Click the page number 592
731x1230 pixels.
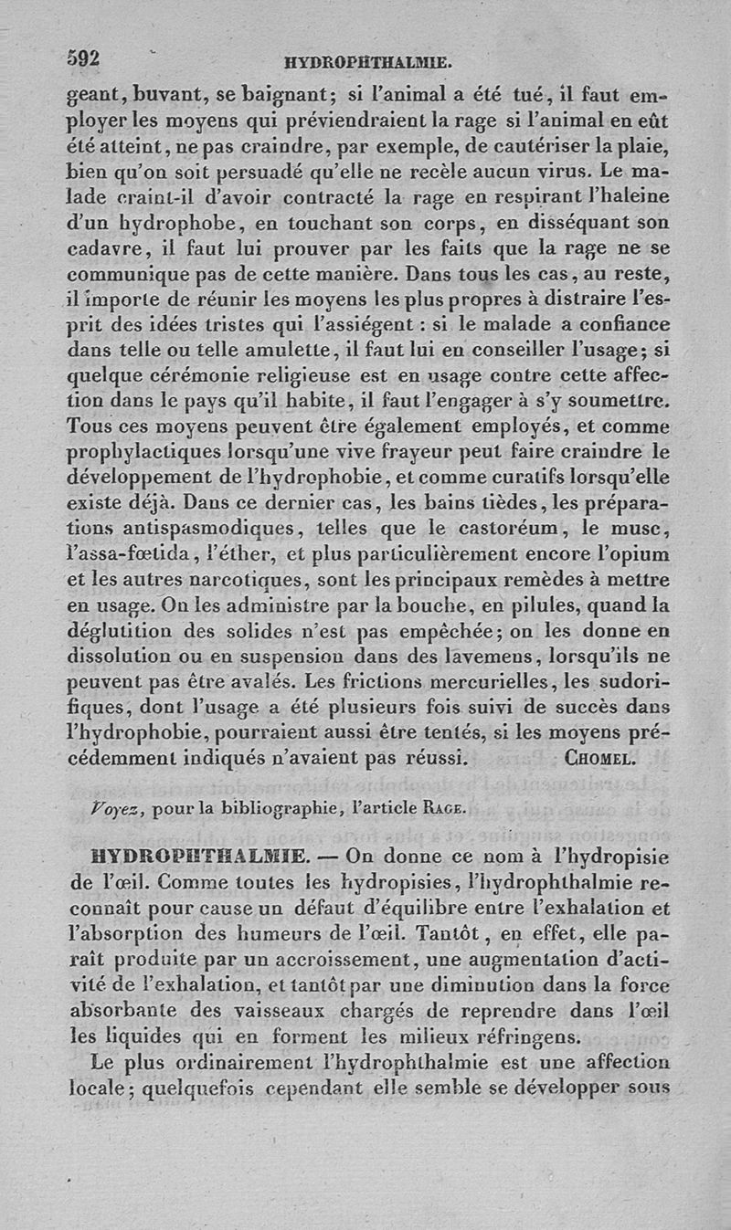[x=83, y=58]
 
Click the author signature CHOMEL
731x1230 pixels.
[x=600, y=758]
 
